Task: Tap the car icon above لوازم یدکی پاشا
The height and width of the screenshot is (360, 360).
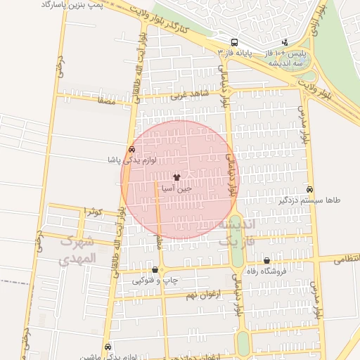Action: click(132, 150)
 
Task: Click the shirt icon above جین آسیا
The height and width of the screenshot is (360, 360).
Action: click(176, 178)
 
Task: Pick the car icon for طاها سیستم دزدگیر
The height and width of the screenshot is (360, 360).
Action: click(310, 189)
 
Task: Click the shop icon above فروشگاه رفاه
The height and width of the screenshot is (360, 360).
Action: click(266, 261)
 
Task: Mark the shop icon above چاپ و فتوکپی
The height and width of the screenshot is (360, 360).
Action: click(155, 269)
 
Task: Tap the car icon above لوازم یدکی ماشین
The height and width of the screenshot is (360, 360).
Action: click(108, 347)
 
